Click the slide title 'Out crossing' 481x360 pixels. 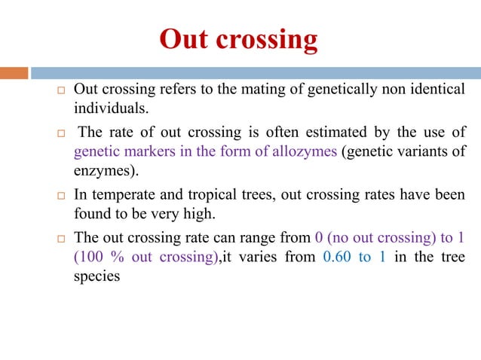[x=238, y=40]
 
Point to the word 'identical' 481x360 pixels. [x=437, y=90]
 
